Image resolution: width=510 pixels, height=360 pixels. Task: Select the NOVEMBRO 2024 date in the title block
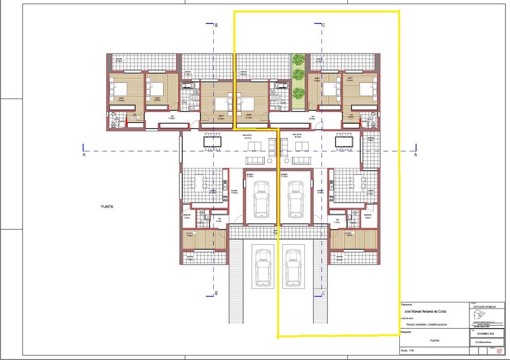[x=486, y=334]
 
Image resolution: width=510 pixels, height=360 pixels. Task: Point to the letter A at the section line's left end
[x=83, y=154]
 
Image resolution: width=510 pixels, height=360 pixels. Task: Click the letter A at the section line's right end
[x=415, y=154]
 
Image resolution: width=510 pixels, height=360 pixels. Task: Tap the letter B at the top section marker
[x=216, y=25]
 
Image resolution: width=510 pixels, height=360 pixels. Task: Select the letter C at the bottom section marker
[x=324, y=294]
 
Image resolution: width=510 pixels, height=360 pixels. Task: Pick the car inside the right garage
[x=295, y=198]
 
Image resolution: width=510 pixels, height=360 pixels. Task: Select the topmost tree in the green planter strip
[x=298, y=60]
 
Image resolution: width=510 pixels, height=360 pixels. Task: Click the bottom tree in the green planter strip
[x=298, y=93]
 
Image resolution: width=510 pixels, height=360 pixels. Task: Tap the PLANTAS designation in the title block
[x=434, y=340]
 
